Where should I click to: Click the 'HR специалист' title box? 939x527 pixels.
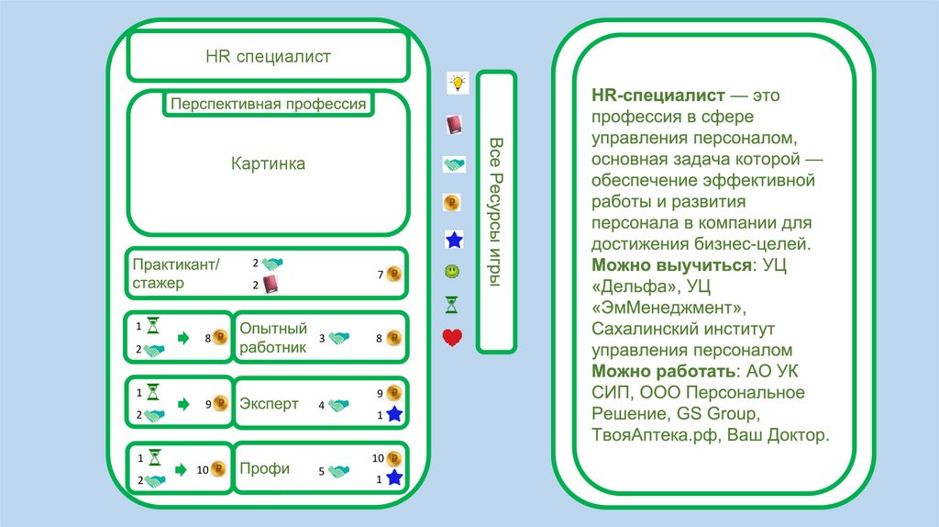tap(268, 57)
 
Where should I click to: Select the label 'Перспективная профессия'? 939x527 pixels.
tap(269, 104)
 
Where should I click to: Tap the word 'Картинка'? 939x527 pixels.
tap(268, 164)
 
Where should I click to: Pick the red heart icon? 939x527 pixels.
tap(452, 338)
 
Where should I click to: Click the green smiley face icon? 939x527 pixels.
tap(452, 272)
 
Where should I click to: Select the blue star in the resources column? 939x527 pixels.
tap(453, 241)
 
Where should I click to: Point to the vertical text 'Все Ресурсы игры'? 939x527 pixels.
tap(496, 211)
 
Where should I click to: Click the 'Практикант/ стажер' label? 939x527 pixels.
tap(176, 274)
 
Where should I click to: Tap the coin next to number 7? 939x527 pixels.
tap(394, 274)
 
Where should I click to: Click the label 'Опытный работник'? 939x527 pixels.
tap(272, 338)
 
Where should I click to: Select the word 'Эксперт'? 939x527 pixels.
tap(269, 404)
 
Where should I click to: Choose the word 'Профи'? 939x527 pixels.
tap(264, 468)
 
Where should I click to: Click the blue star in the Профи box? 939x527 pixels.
tap(394, 477)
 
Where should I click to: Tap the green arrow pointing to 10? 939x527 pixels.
tap(183, 469)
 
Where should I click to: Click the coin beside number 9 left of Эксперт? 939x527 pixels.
tap(219, 402)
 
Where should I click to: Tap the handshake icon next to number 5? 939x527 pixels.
tap(340, 471)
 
